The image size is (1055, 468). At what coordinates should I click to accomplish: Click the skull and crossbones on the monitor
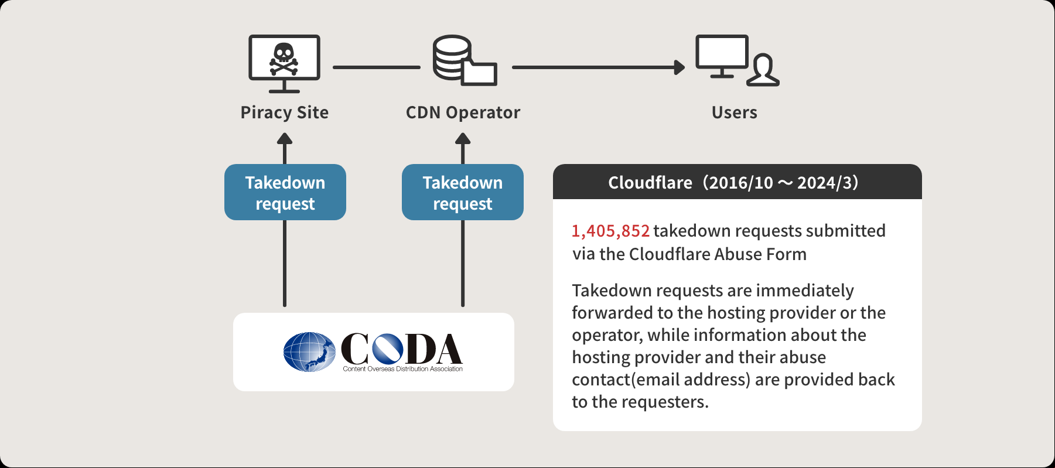click(x=284, y=59)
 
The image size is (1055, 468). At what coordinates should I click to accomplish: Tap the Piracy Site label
click(x=285, y=112)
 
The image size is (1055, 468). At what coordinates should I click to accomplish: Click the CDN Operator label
click(x=463, y=112)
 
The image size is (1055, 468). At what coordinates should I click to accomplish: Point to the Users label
click(x=735, y=112)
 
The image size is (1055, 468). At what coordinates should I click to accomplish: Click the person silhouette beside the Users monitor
click(x=763, y=70)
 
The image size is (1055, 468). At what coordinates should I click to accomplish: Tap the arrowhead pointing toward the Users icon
click(x=680, y=67)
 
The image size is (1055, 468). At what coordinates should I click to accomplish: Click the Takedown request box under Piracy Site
click(x=285, y=192)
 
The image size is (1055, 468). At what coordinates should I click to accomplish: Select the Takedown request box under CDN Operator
click(x=463, y=192)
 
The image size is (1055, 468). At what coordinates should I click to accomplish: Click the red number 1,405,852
click(x=611, y=231)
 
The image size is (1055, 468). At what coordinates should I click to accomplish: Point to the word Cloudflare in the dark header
click(x=650, y=183)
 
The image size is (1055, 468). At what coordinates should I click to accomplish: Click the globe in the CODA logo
click(x=309, y=352)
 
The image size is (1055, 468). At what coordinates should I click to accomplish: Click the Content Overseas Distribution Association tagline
click(x=403, y=369)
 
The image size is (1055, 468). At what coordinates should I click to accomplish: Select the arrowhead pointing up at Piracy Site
click(x=285, y=139)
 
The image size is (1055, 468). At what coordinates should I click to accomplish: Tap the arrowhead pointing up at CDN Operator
click(x=463, y=139)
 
